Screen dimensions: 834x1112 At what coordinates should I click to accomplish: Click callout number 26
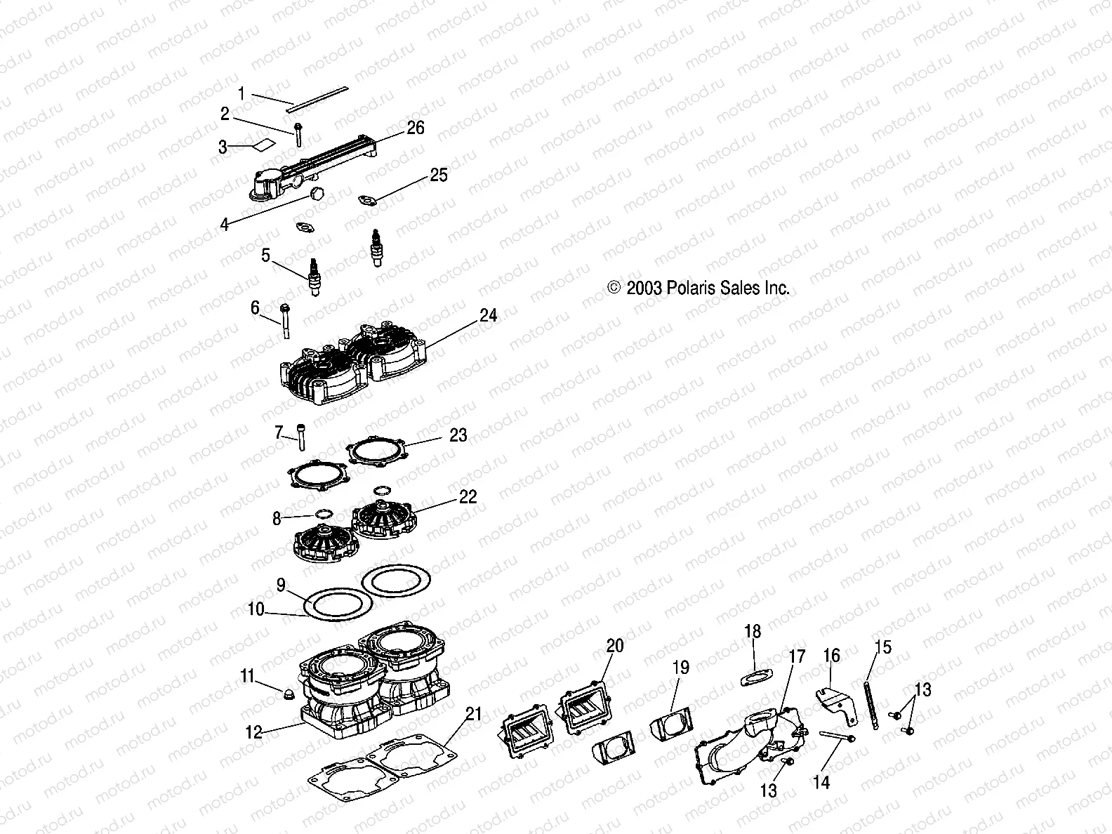pyautogui.click(x=416, y=128)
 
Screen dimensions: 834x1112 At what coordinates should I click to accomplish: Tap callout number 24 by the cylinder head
pyautogui.click(x=488, y=316)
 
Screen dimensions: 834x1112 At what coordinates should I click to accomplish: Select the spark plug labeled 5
pyautogui.click(x=313, y=276)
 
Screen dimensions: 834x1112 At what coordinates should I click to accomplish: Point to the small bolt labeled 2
pyautogui.click(x=299, y=135)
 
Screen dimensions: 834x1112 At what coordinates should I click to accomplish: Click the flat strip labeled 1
pyautogui.click(x=319, y=96)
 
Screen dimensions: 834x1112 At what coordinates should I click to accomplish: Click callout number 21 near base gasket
pyautogui.click(x=474, y=715)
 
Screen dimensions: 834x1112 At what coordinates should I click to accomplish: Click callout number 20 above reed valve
pyautogui.click(x=614, y=645)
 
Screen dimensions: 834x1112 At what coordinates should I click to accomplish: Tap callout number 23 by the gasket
pyautogui.click(x=458, y=435)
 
